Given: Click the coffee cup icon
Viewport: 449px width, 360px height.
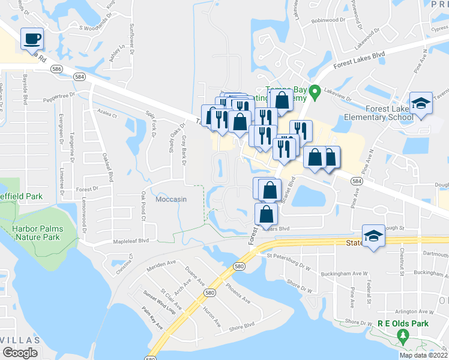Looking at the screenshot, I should [x=32, y=39].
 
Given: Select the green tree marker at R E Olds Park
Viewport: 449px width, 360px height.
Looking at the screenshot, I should [x=403, y=337].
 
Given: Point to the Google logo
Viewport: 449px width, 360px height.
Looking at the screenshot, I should [x=20, y=353].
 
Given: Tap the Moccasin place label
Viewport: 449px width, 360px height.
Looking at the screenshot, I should [x=172, y=199].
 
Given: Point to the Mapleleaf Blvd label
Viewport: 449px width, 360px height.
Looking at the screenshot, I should [x=131, y=242].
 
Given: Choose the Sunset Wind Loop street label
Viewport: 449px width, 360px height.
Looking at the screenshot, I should [x=159, y=302].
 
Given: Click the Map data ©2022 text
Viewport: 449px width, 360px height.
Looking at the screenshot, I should [x=424, y=355].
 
